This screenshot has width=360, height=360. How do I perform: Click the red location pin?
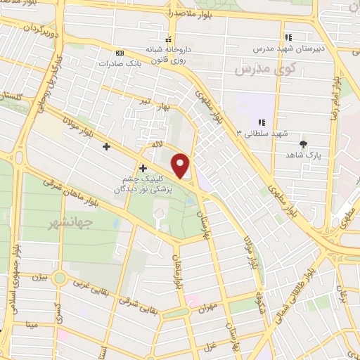point(182,165)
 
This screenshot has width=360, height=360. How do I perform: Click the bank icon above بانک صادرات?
point(120,53)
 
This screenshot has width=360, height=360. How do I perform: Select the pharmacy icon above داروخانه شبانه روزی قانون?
point(168,39)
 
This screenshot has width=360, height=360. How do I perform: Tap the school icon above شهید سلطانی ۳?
point(262,122)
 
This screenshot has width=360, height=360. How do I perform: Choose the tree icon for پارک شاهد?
point(303,145)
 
